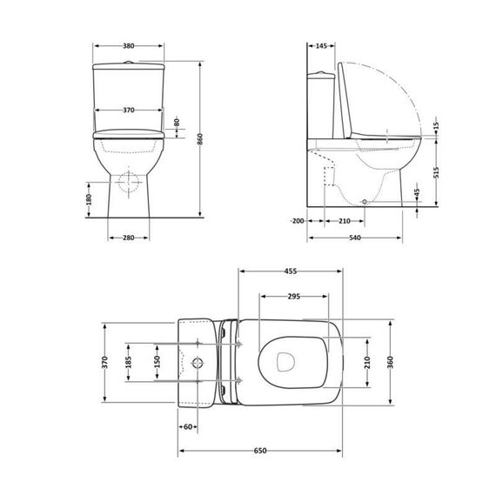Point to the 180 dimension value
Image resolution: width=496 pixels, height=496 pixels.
tap(88, 199)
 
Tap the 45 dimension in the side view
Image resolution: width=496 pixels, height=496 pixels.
tap(417, 192)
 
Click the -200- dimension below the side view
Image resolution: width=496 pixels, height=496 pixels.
tap(298, 221)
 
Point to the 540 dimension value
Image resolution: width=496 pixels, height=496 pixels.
tap(354, 238)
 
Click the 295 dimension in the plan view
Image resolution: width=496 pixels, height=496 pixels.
tap(293, 297)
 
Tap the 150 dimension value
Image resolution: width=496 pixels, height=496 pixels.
tap(157, 360)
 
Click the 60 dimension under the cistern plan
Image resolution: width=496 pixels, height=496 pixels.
tap(188, 426)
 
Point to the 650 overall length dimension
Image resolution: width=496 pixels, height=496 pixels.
tap(259, 451)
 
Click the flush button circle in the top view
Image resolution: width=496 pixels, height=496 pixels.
tap(199, 360)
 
